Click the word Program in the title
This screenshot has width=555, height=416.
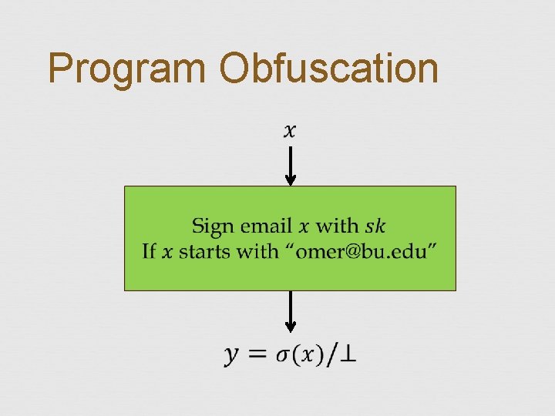(128, 69)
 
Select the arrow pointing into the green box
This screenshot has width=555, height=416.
(291, 166)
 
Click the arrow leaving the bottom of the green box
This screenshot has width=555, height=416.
(291, 311)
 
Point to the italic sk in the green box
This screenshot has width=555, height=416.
(375, 226)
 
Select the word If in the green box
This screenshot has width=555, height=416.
(150, 252)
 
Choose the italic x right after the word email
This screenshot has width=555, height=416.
(303, 227)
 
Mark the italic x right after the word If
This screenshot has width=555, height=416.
(167, 253)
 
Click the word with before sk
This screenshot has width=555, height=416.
(338, 226)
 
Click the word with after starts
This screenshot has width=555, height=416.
(257, 252)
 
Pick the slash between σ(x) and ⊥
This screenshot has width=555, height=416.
(331, 354)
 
